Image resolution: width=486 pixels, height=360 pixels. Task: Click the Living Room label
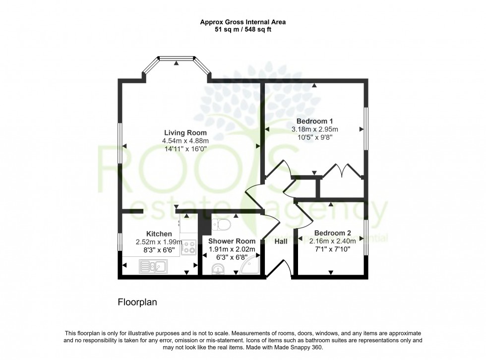click(186, 132)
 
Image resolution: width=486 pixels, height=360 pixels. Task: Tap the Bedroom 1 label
click(314, 121)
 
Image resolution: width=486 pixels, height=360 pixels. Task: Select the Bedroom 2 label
click(332, 233)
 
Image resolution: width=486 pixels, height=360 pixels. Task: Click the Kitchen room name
click(159, 234)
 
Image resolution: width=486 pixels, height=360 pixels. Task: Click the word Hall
click(282, 241)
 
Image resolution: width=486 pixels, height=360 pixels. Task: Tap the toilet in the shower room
click(221, 226)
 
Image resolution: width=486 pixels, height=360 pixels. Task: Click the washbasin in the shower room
click(218, 269)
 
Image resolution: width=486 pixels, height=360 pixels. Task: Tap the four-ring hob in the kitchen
click(189, 247)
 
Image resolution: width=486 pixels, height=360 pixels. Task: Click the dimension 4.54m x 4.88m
click(186, 140)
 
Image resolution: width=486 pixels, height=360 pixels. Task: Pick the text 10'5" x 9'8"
click(314, 137)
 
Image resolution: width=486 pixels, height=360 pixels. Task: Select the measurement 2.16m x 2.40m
click(332, 241)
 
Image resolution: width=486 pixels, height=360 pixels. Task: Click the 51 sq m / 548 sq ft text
click(243, 29)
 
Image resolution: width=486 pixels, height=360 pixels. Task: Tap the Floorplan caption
click(137, 301)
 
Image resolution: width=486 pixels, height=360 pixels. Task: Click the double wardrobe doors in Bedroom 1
click(342, 170)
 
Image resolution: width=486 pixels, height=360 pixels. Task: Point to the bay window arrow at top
click(176, 62)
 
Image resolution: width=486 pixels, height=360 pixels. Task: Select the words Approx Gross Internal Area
click(243, 22)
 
